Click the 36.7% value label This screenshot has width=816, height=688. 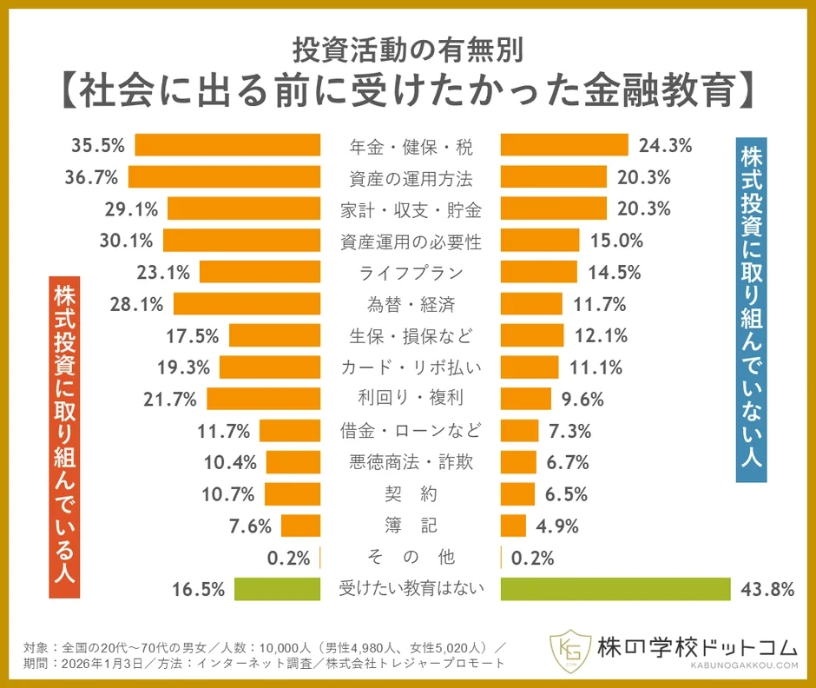(x=93, y=177)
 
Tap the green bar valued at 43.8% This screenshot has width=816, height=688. (x=615, y=589)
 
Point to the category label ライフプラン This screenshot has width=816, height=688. (x=411, y=272)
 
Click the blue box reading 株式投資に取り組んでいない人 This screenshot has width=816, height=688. (x=752, y=308)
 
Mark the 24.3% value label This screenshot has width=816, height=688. (x=665, y=145)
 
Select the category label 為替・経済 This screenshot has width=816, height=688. (x=411, y=304)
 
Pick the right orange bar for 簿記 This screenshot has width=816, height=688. (x=514, y=526)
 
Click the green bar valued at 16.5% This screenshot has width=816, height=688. (x=278, y=589)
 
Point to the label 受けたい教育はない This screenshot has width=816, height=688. (x=411, y=589)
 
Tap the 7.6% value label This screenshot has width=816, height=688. (x=251, y=526)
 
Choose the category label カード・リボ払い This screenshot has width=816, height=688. (x=411, y=367)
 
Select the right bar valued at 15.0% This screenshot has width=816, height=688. (x=540, y=241)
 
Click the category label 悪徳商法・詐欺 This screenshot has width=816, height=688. (x=411, y=462)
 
